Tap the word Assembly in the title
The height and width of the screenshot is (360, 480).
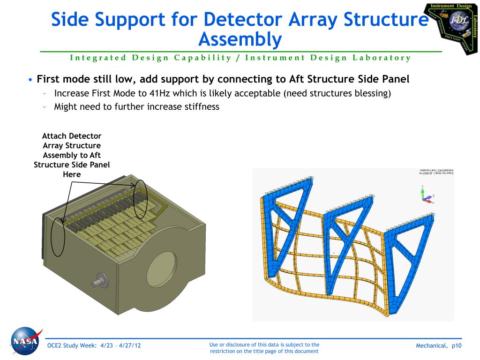click(240, 39)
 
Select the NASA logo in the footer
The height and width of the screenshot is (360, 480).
click(25, 341)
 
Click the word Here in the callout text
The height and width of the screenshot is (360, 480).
click(72, 174)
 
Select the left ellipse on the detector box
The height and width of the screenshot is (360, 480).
click(58, 237)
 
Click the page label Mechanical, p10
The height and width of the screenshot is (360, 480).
click(438, 346)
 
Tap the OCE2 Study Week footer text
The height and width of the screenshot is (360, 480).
click(94, 346)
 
